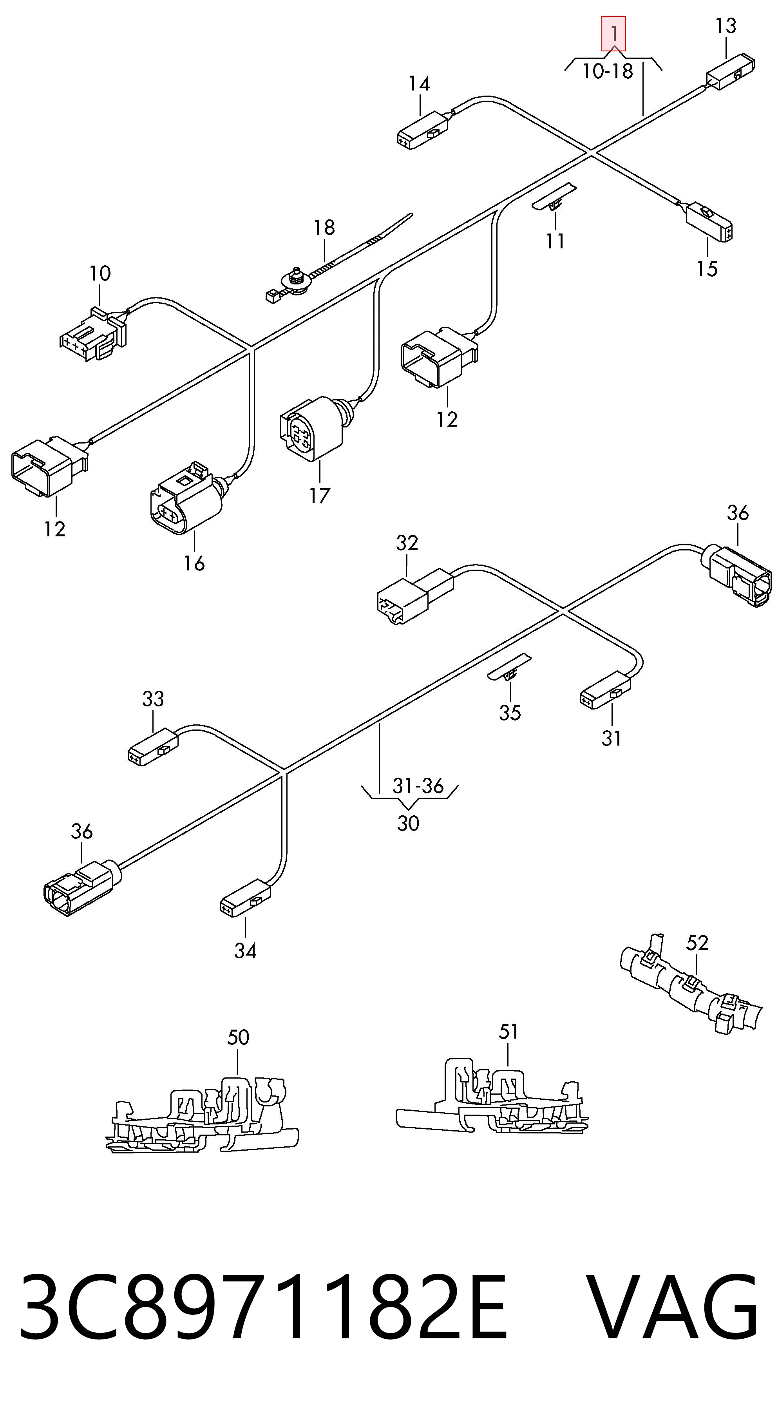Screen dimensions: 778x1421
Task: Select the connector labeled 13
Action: click(x=731, y=71)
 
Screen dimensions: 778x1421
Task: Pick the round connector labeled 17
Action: click(x=313, y=427)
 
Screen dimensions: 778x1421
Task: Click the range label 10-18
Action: click(x=608, y=71)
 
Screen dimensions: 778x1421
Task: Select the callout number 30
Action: click(x=408, y=823)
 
